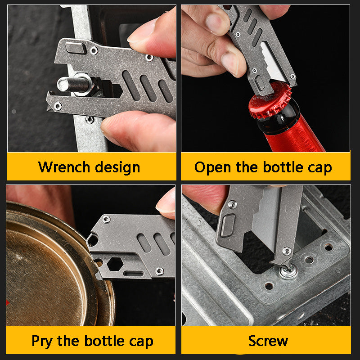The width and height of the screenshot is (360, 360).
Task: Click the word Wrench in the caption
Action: [x=64, y=167]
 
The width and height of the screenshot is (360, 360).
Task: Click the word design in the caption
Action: [x=117, y=167]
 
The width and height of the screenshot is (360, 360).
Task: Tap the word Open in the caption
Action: [x=212, y=167]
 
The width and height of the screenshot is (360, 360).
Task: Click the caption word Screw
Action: [x=268, y=341]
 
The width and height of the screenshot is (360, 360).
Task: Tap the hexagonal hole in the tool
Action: [x=115, y=264]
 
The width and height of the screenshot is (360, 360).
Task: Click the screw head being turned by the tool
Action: [x=288, y=272]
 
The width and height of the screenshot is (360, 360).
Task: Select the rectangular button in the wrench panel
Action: [x=75, y=48]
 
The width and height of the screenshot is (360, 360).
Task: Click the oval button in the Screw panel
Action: [x=228, y=225]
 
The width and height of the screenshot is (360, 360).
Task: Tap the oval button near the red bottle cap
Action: [x=260, y=83]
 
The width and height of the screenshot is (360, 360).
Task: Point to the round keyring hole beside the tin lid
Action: [x=93, y=240]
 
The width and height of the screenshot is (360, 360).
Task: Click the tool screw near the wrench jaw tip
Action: [x=58, y=106]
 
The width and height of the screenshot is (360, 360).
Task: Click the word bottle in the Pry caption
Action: [x=104, y=341]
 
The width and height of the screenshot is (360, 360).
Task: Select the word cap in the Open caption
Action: [x=320, y=168]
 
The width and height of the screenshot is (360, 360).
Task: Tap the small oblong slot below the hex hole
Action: [x=133, y=274]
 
